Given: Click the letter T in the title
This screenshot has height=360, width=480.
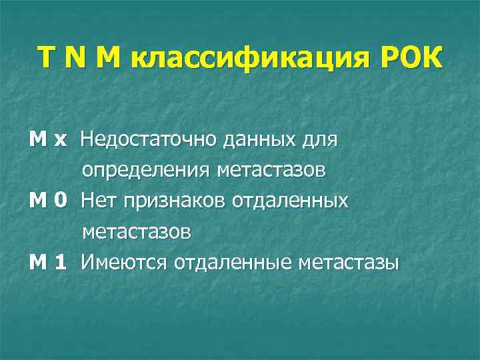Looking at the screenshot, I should click(x=48, y=59).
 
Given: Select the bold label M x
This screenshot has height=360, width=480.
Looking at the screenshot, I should click(x=48, y=140).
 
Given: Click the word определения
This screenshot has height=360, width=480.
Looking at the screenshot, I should click(x=145, y=171).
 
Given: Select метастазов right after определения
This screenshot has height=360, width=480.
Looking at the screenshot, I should click(x=271, y=171).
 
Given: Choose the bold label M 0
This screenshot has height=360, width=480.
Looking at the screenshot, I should click(x=48, y=201).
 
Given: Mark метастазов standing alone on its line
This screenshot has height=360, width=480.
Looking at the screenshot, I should click(x=137, y=233).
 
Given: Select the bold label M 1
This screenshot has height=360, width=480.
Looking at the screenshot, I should click(x=48, y=263).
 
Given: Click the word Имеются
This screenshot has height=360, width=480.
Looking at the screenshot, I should click(x=125, y=263).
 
